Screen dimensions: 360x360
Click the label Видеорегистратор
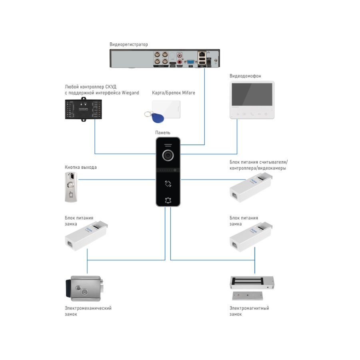pyautogui.click(x=128, y=44)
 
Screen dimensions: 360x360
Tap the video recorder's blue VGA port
pyautogui.click(x=190, y=61)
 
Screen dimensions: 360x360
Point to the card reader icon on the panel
pyautogui.click(x=168, y=184)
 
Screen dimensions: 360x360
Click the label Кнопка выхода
pyautogui.click(x=80, y=167)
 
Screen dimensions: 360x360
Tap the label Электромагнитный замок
pyautogui.click(x=249, y=311)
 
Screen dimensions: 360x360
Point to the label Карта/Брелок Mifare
pyautogui.click(x=173, y=93)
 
